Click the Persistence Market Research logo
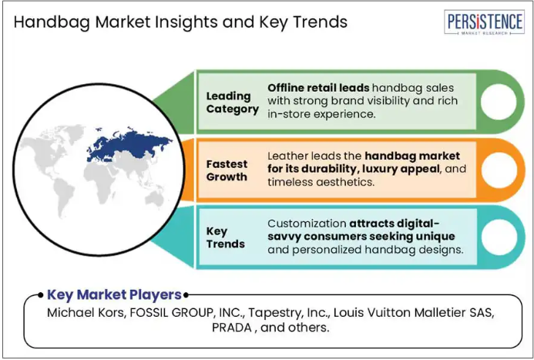click(484, 22)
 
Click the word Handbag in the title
click(52, 22)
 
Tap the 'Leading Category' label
click(233, 103)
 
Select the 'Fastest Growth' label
click(227, 170)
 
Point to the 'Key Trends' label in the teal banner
click(226, 237)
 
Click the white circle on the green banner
click(499, 102)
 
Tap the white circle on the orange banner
click(499, 170)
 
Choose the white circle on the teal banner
click(499, 237)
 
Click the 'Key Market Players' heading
click(114, 295)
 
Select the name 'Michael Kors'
click(86, 313)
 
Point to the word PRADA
click(232, 328)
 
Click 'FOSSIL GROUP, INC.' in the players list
click(187, 313)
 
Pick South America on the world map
click(64, 197)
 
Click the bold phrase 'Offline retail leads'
click(318, 88)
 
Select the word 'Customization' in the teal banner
click(307, 224)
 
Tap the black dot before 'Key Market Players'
click(41, 295)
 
